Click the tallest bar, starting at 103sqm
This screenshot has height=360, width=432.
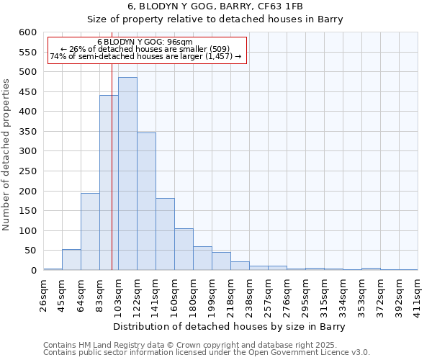point(127,174)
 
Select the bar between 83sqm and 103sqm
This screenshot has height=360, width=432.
point(109,183)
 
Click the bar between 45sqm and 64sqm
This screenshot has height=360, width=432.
point(71,260)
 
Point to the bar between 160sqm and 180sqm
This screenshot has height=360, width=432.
point(184,249)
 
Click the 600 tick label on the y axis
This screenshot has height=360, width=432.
point(27,32)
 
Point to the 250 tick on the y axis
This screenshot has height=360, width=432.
point(27,171)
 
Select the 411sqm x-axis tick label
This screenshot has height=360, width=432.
point(418,295)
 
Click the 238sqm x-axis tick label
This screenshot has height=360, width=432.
point(249,295)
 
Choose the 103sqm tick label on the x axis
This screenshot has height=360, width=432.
point(118,295)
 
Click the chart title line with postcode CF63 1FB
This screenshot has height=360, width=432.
point(216,6)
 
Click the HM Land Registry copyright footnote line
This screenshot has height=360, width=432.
point(194,345)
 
